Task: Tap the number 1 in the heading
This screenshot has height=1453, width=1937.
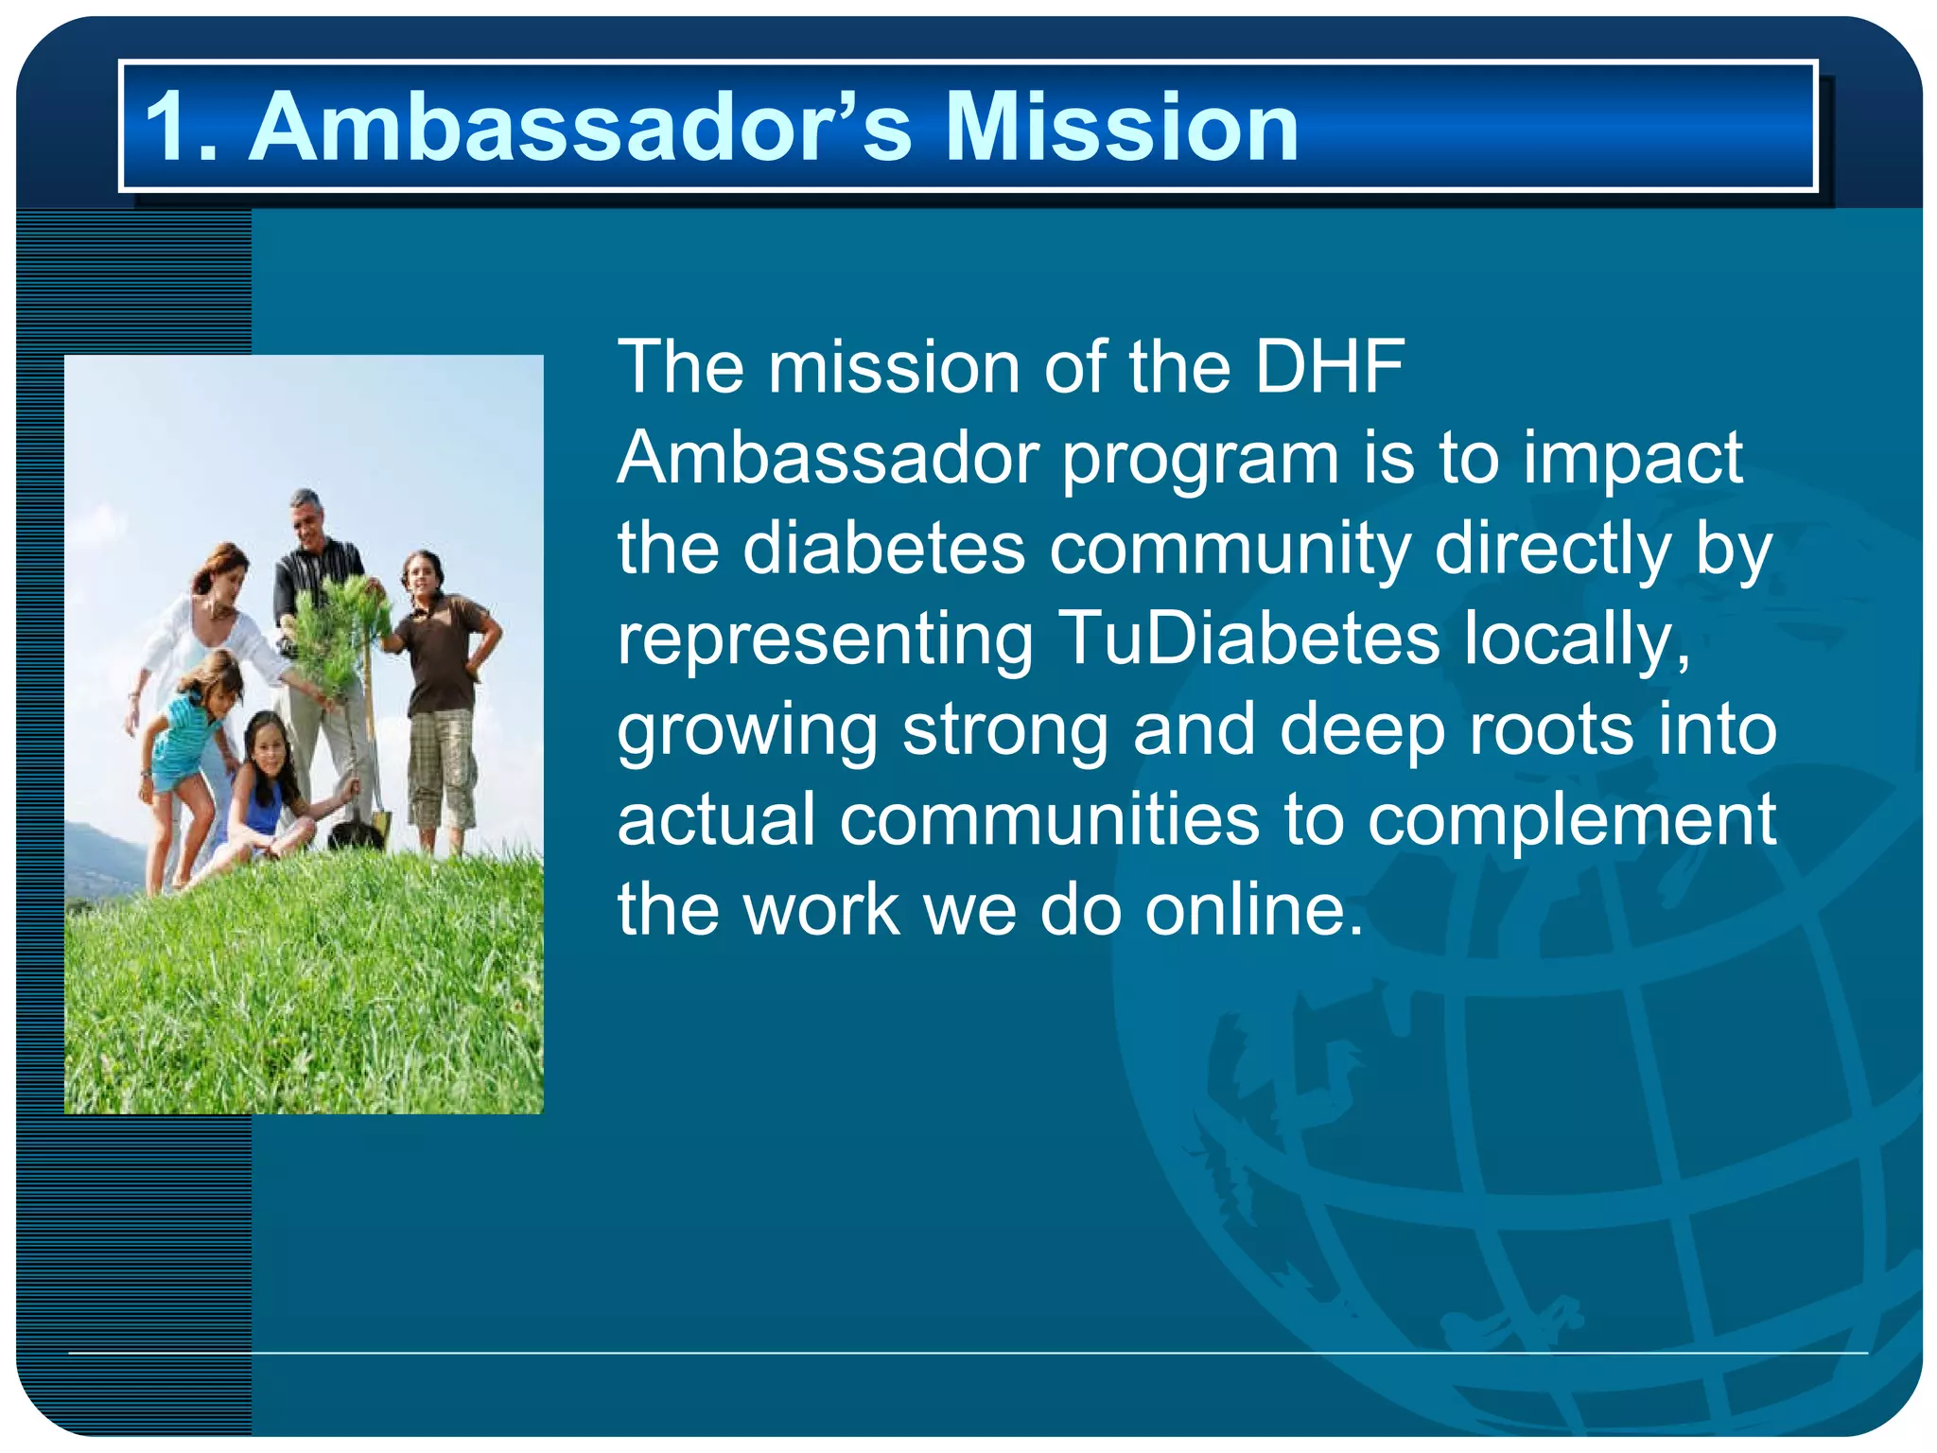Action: point(170,127)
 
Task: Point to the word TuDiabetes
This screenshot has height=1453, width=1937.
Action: point(1248,638)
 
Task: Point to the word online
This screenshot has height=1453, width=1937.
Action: point(1254,910)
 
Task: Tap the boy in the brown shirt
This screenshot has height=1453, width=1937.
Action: point(442,662)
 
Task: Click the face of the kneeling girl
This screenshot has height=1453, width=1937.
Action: point(269,746)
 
